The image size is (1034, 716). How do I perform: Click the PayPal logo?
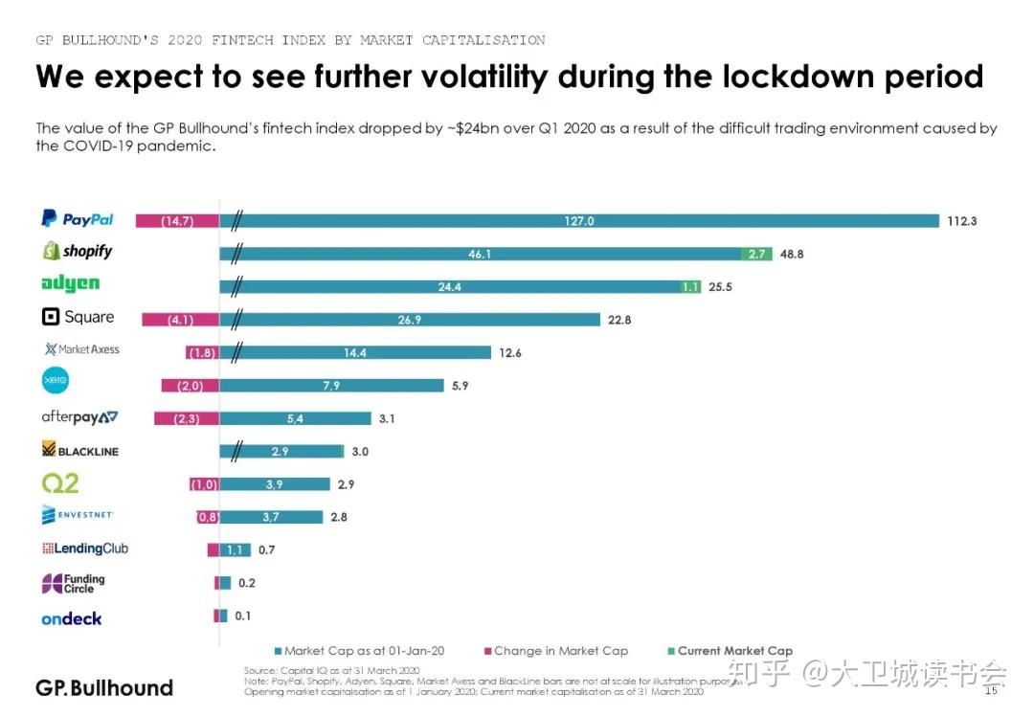click(x=77, y=219)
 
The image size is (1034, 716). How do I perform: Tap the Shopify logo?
click(x=77, y=251)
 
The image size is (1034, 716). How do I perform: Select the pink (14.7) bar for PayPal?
click(x=177, y=221)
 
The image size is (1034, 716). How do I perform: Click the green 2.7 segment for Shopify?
click(x=755, y=254)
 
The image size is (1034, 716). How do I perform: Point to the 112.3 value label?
click(x=961, y=221)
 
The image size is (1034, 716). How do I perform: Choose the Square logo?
click(x=78, y=317)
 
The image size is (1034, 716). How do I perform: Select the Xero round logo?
click(x=56, y=381)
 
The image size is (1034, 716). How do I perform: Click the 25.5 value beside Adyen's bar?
click(x=720, y=286)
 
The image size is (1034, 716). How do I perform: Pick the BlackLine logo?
click(x=80, y=450)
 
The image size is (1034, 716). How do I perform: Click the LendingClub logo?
click(x=84, y=548)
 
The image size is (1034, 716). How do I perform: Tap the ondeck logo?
click(x=71, y=618)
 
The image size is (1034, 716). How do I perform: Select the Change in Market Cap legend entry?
click(x=560, y=651)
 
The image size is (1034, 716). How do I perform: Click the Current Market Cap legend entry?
click(x=734, y=651)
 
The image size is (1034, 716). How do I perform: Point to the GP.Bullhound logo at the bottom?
click(x=104, y=688)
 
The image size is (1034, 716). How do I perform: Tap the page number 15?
click(x=991, y=689)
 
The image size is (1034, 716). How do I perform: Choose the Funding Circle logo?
click(x=73, y=583)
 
